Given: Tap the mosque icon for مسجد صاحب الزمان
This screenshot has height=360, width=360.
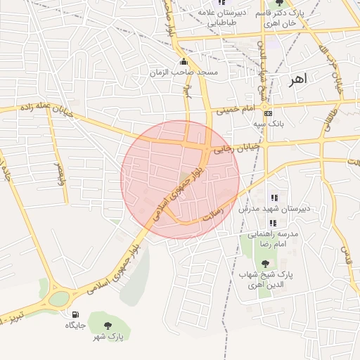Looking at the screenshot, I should (x=184, y=62).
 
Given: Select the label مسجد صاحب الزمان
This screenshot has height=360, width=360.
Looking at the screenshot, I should (x=184, y=72).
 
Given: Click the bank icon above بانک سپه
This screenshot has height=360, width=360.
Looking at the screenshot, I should (x=267, y=113).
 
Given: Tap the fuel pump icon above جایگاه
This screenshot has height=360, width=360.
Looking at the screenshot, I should (x=75, y=315).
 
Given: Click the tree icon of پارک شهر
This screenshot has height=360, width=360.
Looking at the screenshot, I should (x=108, y=326).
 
